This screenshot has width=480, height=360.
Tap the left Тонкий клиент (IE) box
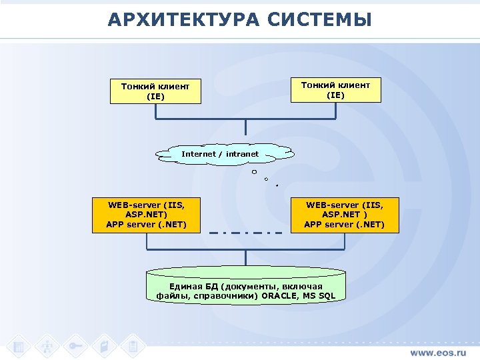point(155,91)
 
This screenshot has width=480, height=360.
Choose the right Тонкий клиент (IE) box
point(335,90)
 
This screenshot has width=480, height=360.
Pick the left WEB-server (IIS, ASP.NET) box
point(146,215)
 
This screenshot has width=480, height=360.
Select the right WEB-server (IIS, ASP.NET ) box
point(344,215)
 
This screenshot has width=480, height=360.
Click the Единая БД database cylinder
point(246,287)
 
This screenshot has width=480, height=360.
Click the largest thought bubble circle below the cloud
point(254,173)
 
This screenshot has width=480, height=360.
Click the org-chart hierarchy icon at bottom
point(47,346)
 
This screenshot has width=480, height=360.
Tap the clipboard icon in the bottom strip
point(133,346)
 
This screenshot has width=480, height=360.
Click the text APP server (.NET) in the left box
point(146,224)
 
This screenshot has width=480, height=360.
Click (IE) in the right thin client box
point(335,95)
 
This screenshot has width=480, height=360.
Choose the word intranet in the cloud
point(242,154)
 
